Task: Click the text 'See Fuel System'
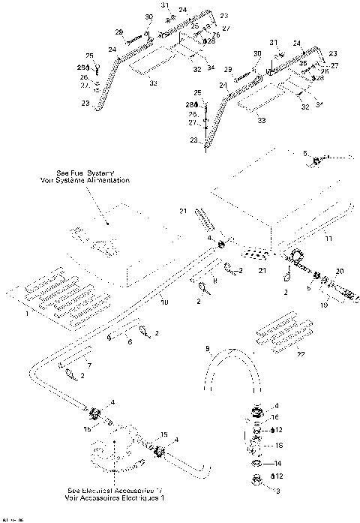pos(89,173)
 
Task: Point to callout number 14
pos(277,464)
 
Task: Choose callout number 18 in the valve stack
pos(278,446)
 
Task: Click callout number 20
pos(339,271)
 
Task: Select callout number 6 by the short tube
pos(130,342)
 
